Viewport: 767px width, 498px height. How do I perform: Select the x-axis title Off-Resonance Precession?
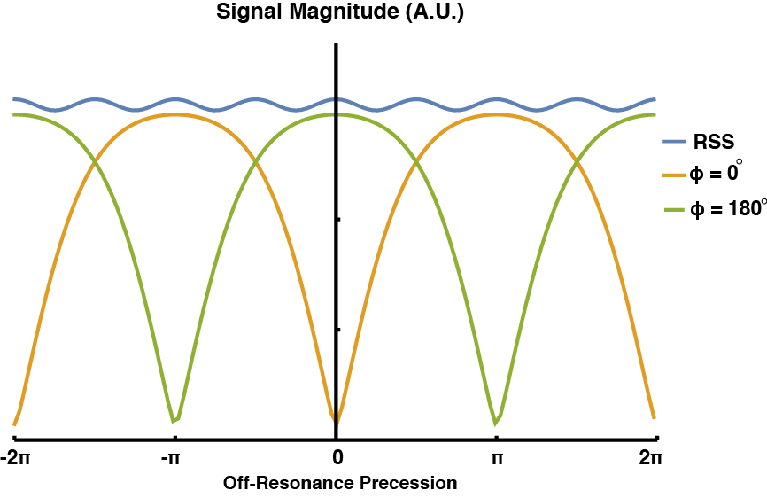point(340,484)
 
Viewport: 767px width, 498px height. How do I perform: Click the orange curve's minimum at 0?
point(336,420)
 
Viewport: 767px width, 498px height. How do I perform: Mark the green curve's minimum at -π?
point(175,420)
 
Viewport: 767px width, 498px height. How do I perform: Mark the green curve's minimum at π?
point(497,420)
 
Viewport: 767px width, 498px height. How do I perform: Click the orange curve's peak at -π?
point(175,113)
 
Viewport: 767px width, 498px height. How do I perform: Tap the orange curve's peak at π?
point(497,113)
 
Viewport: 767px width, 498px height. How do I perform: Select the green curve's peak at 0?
point(335,114)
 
